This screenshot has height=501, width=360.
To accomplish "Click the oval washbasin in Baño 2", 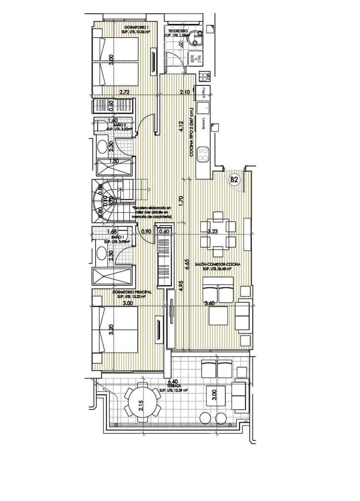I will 101,147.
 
